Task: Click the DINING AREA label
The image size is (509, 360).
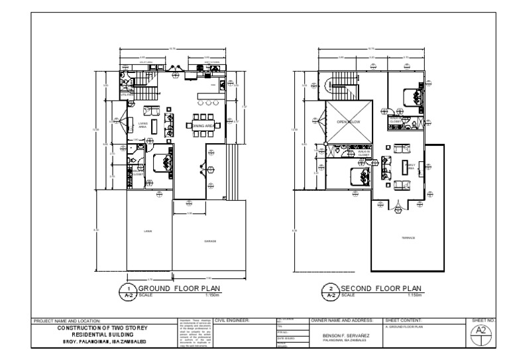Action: pos(203,125)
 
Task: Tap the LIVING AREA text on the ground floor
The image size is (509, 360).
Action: pos(142,125)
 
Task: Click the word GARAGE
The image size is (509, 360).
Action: pos(210,241)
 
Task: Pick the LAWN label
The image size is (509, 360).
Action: pos(148,231)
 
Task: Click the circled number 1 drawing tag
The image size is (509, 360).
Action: pos(126,292)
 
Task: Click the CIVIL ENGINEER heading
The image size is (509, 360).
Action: pos(232,321)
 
